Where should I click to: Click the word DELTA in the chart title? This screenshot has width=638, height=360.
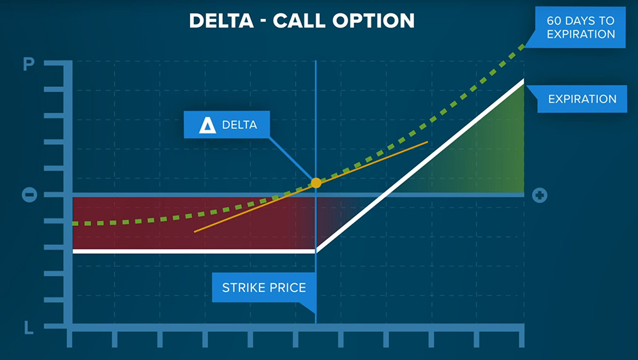[221, 21]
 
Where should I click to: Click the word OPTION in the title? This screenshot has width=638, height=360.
[373, 21]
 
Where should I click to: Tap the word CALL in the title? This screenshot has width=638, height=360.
[299, 21]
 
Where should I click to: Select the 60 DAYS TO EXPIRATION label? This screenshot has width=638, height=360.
[580, 27]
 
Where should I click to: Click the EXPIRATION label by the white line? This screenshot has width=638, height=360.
[582, 99]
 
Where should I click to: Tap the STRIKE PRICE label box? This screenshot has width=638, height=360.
[264, 287]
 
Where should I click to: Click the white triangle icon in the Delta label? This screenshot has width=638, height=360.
[207, 125]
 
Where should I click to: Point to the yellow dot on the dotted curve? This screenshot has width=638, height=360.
[316, 183]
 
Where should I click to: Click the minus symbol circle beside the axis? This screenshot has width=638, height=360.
[29, 195]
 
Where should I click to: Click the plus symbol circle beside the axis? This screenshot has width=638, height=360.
[540, 195]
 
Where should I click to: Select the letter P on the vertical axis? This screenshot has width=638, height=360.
[29, 64]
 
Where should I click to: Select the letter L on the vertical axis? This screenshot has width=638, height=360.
[29, 327]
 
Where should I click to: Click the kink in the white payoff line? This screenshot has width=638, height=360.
[316, 251]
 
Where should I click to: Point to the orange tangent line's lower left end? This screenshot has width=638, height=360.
[195, 232]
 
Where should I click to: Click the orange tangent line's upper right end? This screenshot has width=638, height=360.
[427, 142]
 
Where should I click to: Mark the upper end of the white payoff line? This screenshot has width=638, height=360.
[523, 80]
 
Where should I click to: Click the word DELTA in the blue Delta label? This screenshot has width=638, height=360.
[239, 124]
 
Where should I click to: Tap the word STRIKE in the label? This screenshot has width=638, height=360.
[243, 287]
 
